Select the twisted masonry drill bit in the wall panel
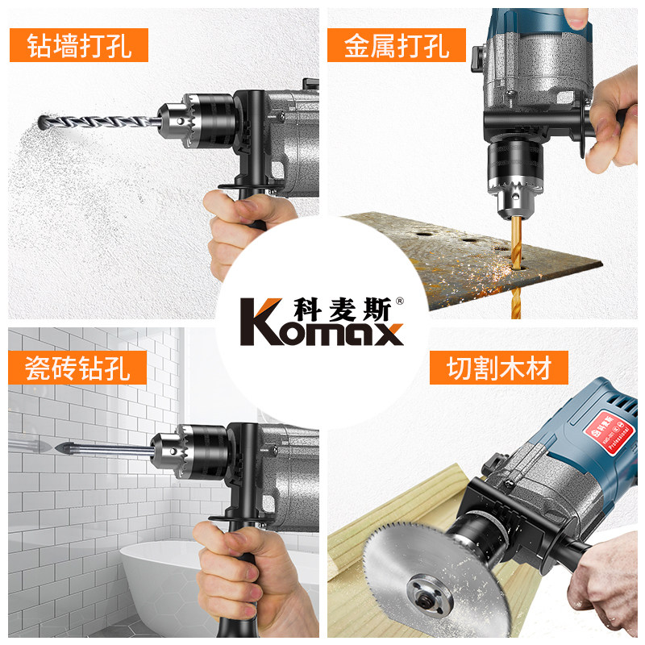[x=105, y=121]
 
